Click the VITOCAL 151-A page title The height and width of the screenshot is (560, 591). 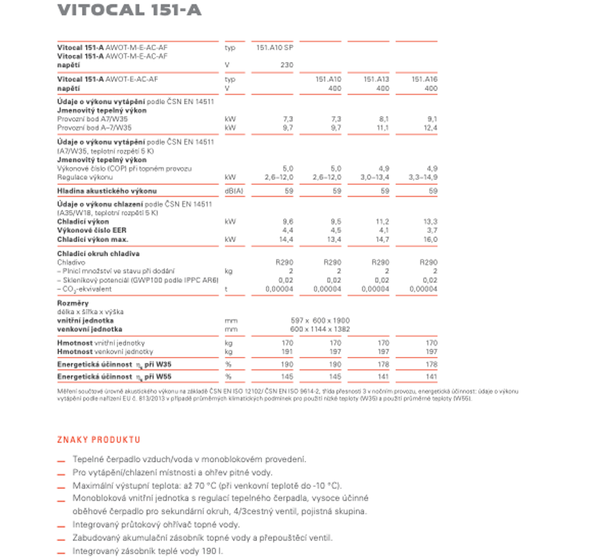[x=129, y=11]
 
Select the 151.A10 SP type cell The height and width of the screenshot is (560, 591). [x=275, y=47]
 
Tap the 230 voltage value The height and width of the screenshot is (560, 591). [x=287, y=65]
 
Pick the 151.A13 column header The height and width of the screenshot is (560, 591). [x=376, y=79]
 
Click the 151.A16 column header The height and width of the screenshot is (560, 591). [x=424, y=79]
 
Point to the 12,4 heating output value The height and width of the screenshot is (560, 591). [x=431, y=128]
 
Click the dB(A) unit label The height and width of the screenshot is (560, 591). [x=234, y=191]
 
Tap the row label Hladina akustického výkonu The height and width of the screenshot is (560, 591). [x=107, y=191]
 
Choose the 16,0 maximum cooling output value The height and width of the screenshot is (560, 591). [x=430, y=240]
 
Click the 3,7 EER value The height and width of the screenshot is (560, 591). [x=432, y=231]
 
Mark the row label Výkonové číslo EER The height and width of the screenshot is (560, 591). [x=92, y=231]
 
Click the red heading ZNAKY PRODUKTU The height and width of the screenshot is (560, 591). [x=98, y=440]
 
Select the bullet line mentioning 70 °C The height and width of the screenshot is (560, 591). [x=206, y=486]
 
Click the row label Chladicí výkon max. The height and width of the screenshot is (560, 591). [x=93, y=240]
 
